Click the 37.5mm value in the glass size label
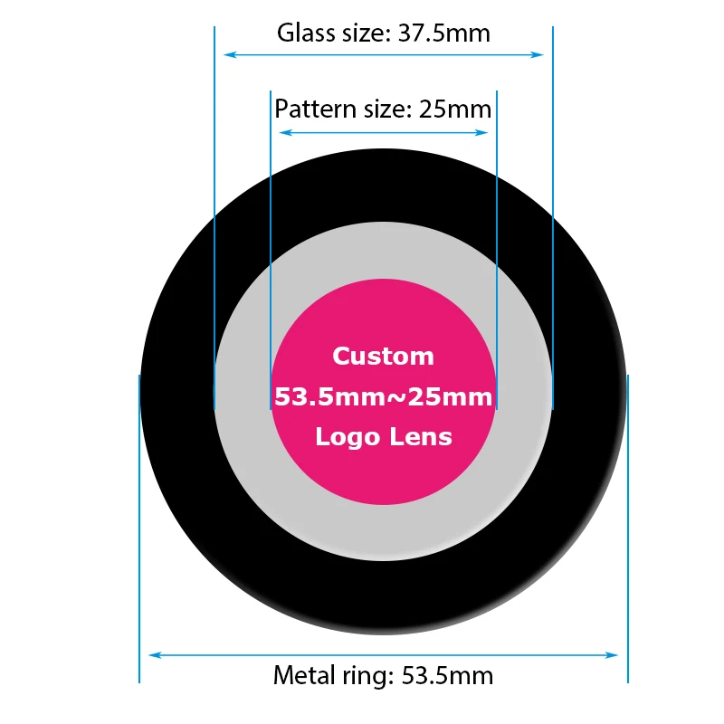pos(445,33)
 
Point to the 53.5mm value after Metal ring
pos(449,675)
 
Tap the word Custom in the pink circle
pos(383,356)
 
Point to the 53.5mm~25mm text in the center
pos(383,396)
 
